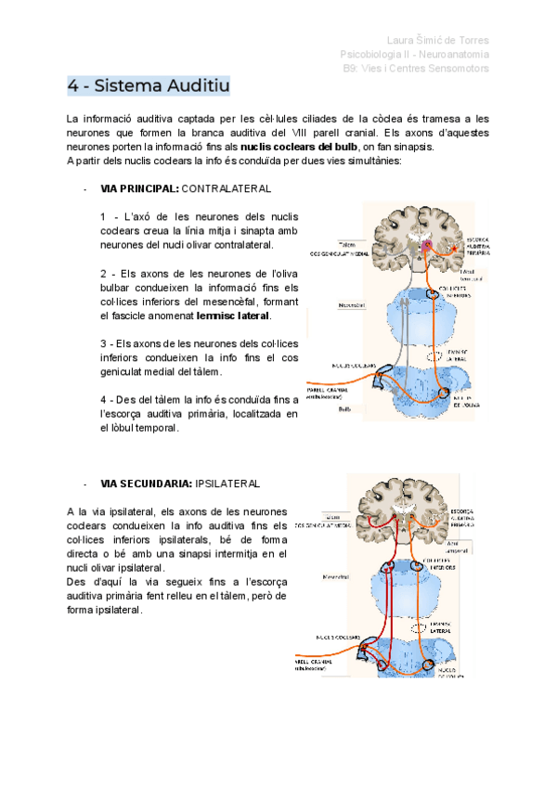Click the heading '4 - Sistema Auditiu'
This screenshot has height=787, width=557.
148,86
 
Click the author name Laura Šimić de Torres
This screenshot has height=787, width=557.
437,40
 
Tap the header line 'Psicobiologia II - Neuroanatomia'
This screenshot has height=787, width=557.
415,54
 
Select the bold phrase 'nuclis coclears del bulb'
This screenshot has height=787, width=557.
298,147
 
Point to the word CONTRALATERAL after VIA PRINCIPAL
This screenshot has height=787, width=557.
227,188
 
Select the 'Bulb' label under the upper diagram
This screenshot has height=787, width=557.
318,407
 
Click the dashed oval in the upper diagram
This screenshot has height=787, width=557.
429,355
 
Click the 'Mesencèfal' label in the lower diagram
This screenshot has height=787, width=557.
327,574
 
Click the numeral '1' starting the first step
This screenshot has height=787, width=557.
102,216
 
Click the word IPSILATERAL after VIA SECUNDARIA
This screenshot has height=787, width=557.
227,484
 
